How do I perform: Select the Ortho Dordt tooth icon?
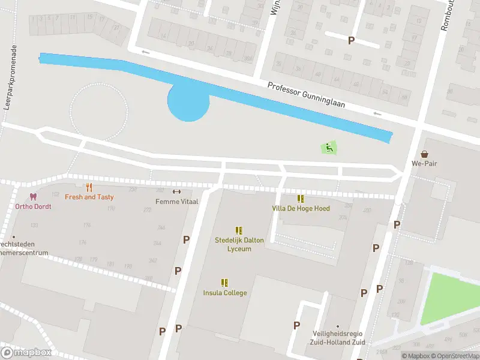(x=33, y=197)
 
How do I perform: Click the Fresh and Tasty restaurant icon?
(x=89, y=187)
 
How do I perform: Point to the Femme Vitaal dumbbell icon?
(x=176, y=192)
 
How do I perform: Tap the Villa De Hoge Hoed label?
(x=301, y=208)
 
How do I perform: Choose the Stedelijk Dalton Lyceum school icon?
(x=239, y=230)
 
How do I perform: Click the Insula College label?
(x=225, y=293)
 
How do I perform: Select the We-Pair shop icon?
(x=425, y=154)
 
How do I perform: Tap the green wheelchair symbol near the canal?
(x=328, y=147)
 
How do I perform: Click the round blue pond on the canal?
(x=188, y=102)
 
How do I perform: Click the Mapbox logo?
(x=25, y=353)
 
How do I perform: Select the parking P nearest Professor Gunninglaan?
(x=351, y=40)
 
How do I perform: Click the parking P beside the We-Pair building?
(x=396, y=224)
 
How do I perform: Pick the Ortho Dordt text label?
(x=33, y=206)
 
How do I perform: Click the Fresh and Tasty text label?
(x=89, y=197)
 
